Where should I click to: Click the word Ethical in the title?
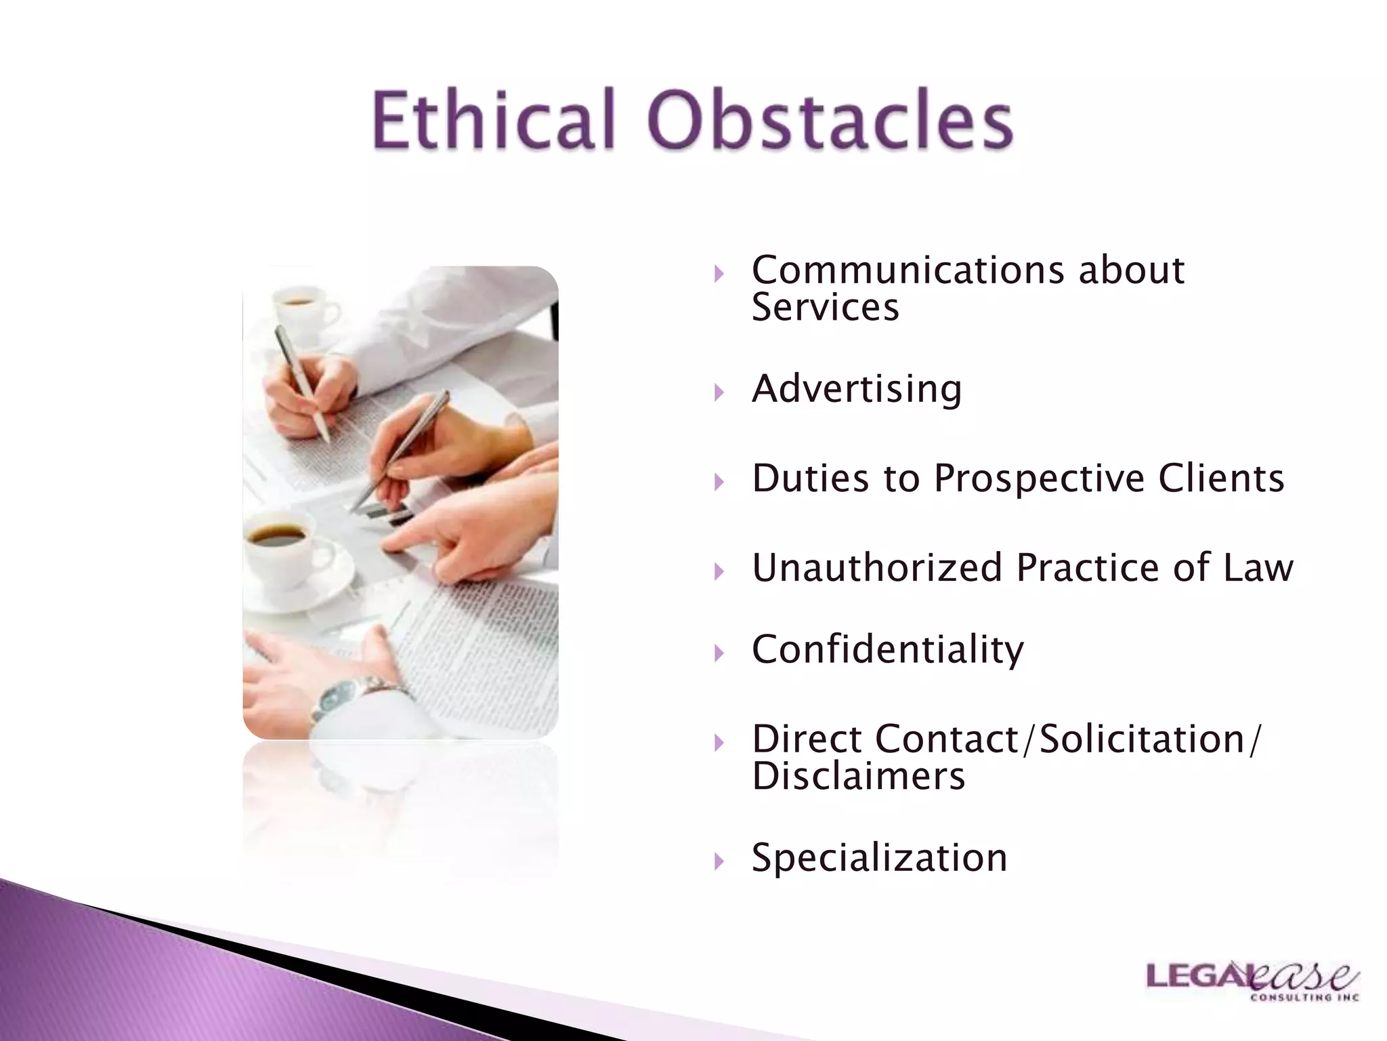[493, 120]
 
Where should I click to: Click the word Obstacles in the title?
[830, 120]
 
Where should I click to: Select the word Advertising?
[857, 390]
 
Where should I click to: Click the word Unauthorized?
[877, 568]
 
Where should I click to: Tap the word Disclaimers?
[858, 777]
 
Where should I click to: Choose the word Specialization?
[879, 858]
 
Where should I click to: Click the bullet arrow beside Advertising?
[719, 392]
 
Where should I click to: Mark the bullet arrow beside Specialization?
[719, 861]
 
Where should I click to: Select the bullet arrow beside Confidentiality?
[719, 653]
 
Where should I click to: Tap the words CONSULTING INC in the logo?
[1304, 998]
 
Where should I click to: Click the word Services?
[825, 308]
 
